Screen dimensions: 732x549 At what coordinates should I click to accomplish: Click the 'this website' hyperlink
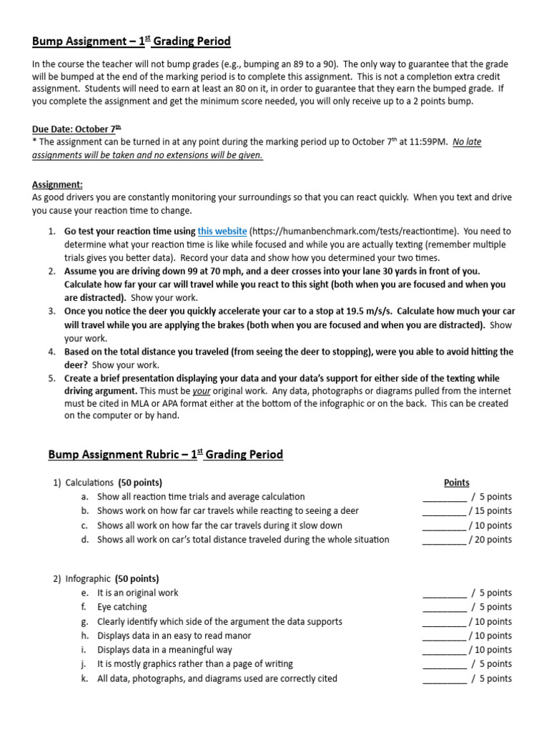coord(222,231)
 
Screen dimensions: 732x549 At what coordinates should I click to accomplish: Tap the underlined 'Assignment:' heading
coord(57,184)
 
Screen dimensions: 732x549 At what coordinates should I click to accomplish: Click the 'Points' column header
coord(457,483)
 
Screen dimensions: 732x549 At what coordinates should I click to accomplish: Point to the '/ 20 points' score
coord(490,540)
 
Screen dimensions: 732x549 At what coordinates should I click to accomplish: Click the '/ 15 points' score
coord(490,511)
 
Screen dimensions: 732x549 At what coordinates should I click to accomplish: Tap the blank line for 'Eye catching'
coord(444,608)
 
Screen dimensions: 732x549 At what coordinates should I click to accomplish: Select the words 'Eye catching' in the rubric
coord(122,607)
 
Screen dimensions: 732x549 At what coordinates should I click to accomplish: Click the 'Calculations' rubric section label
coord(89,483)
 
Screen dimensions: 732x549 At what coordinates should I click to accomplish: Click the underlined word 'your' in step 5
coord(201,392)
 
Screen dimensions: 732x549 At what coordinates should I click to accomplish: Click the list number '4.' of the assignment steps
coord(52,352)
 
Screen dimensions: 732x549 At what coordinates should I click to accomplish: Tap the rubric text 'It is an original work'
coord(138,593)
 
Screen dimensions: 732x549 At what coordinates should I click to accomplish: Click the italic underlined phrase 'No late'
coord(468,142)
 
